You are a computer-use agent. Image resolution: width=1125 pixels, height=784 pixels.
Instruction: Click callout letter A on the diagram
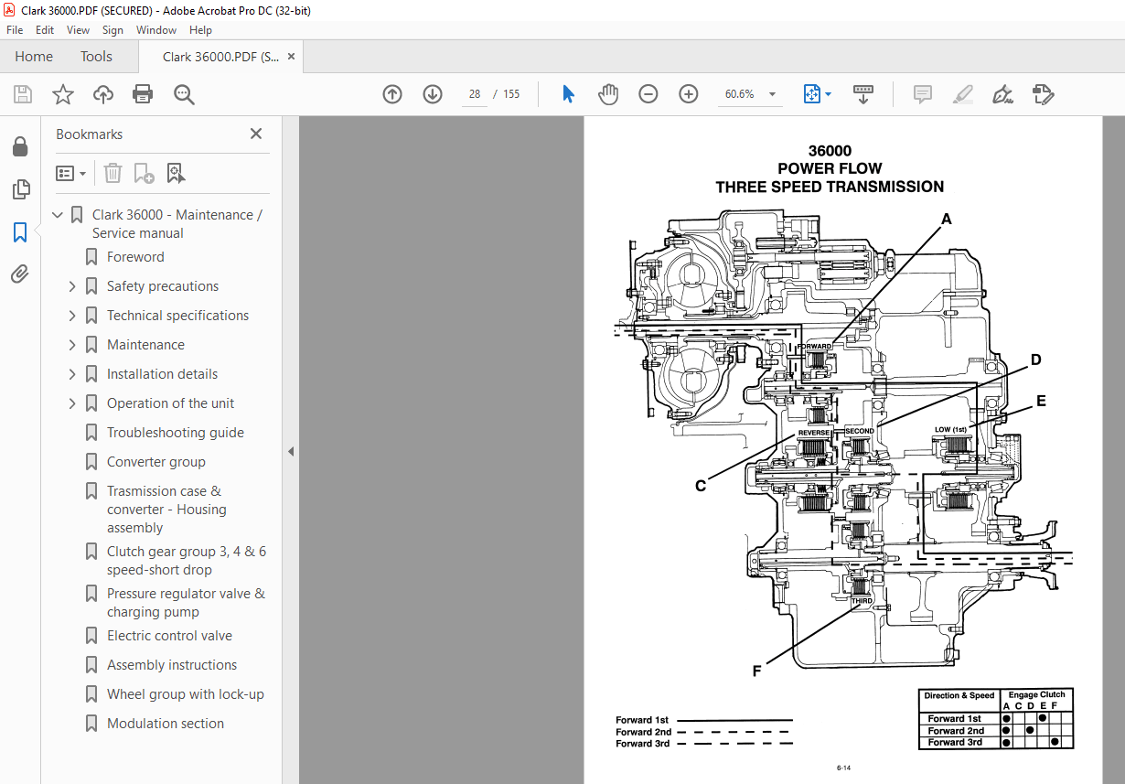tap(947, 220)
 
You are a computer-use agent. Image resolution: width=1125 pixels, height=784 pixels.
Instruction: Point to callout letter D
tap(1036, 360)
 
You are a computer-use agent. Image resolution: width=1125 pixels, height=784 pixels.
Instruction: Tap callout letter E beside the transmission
tap(1041, 401)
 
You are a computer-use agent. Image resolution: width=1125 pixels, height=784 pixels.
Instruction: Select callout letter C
tap(700, 486)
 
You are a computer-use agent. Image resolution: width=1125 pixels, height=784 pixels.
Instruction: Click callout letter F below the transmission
tap(756, 671)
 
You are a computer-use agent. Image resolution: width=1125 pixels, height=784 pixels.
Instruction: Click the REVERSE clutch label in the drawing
tap(813, 432)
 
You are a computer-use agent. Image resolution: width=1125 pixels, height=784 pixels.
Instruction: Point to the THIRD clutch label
tap(861, 602)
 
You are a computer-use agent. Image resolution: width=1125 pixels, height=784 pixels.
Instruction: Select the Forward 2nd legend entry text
tap(643, 732)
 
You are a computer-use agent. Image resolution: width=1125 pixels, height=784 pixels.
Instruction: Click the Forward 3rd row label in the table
tap(955, 742)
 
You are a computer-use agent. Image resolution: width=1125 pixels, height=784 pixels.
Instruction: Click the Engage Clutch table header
tap(1036, 695)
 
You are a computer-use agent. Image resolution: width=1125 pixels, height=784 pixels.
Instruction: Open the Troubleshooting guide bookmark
tap(175, 433)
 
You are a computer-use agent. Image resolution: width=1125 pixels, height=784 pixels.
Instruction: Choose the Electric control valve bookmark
tap(169, 636)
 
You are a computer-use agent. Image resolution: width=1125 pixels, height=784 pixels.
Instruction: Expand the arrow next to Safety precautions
tap(72, 286)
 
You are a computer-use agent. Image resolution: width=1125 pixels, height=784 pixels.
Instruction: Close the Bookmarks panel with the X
tap(256, 134)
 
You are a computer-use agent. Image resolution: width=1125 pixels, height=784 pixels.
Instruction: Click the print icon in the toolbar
tap(143, 94)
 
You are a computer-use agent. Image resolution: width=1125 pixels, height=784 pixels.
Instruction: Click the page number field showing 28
tap(474, 94)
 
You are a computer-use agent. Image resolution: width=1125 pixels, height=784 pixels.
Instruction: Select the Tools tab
tap(96, 57)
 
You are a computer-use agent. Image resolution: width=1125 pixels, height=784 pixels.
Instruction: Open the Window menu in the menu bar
tap(156, 30)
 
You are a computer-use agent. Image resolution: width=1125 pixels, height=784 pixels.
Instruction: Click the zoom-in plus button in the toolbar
tap(688, 94)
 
